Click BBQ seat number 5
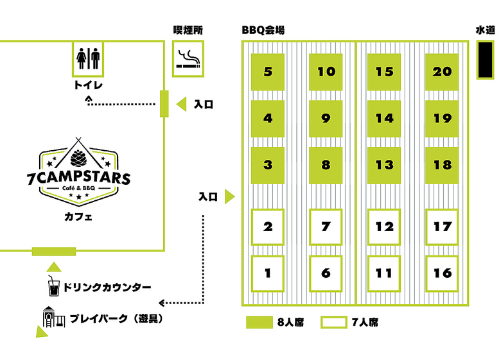click(268, 72)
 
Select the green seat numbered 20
click(442, 72)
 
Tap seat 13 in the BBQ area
click(383, 166)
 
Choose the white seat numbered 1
click(268, 273)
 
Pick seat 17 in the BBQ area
click(442, 227)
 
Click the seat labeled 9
click(326, 119)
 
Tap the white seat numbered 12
click(383, 227)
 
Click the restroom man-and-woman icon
click(88, 58)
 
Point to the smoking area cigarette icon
click(188, 59)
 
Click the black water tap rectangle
click(485, 60)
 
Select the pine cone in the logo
click(78, 158)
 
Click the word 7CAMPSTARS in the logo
click(78, 178)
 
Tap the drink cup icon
click(53, 286)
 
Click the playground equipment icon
click(54, 317)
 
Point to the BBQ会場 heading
click(263, 30)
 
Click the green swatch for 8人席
click(259, 322)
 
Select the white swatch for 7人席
click(334, 322)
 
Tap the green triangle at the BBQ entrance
click(229, 196)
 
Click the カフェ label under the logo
click(78, 217)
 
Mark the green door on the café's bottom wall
click(54, 252)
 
